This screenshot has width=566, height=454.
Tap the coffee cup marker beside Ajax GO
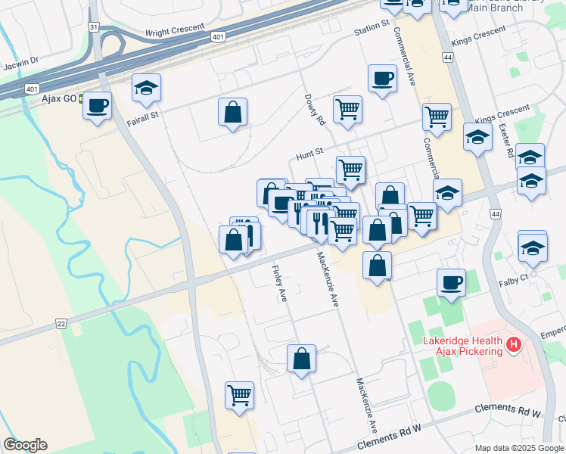pyautogui.click(x=97, y=106)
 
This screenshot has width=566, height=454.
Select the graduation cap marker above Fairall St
pyautogui.click(x=146, y=89)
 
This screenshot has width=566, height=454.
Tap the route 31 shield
pyautogui.click(x=93, y=26)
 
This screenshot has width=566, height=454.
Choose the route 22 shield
pyautogui.click(x=61, y=323)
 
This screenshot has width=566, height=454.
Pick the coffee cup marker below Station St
pyautogui.click(x=382, y=78)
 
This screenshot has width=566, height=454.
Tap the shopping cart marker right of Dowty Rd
pyautogui.click(x=347, y=109)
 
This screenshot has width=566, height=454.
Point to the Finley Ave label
pyautogui.click(x=278, y=282)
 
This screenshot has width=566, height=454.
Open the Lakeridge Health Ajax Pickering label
pyautogui.click(x=462, y=346)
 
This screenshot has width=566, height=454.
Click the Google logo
pyautogui.click(x=25, y=445)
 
